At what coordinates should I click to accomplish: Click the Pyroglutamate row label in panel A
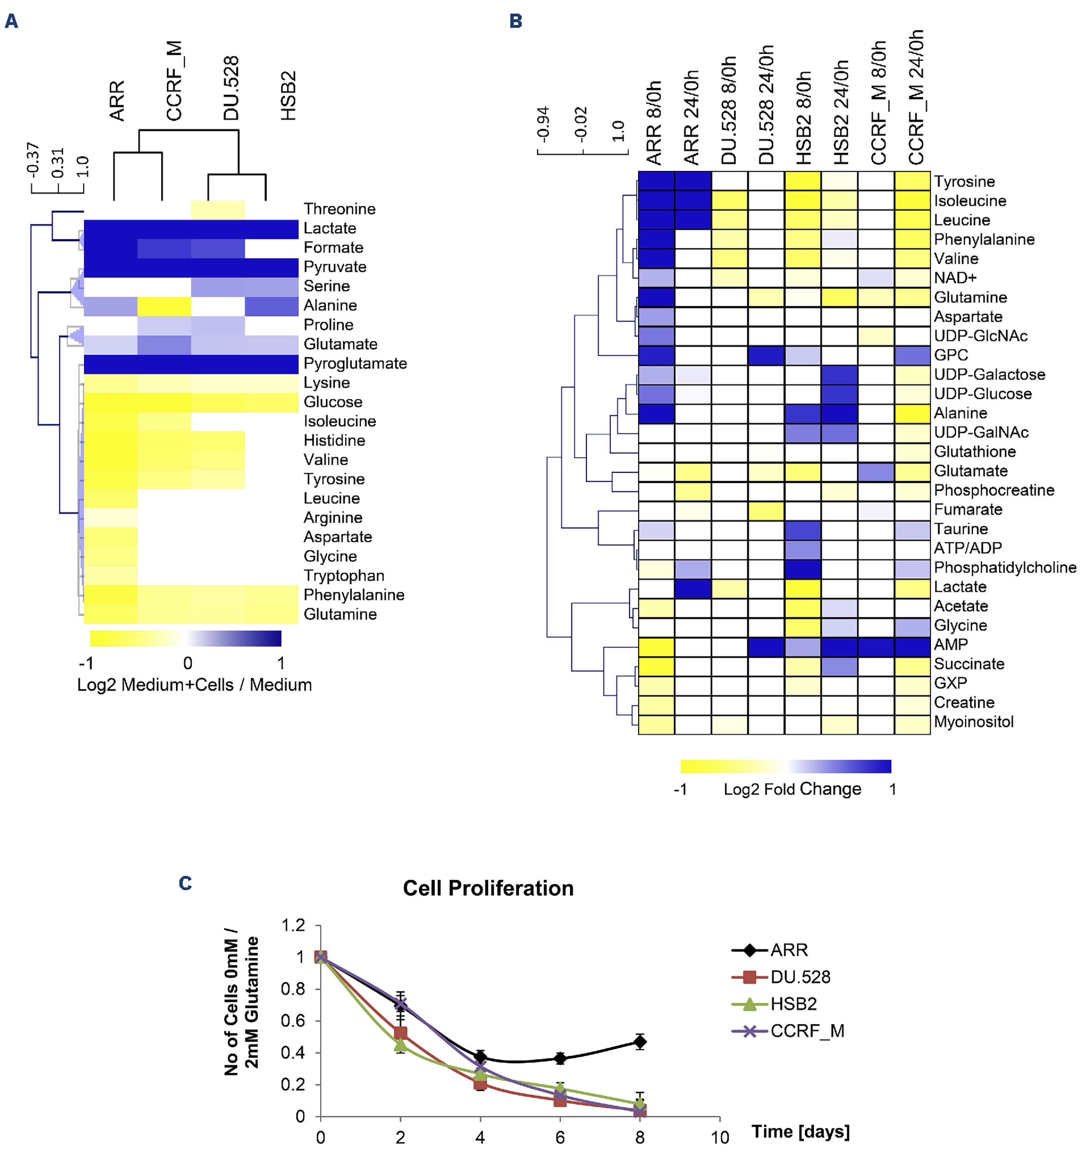(x=355, y=364)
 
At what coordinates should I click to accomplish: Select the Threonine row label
(x=339, y=209)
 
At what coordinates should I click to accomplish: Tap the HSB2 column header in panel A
(x=288, y=96)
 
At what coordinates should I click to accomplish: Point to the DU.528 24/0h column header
(x=766, y=105)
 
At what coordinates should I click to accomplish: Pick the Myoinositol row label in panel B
(x=974, y=722)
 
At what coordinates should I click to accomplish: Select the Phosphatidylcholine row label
(x=1005, y=567)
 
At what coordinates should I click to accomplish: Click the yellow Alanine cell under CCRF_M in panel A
(x=164, y=306)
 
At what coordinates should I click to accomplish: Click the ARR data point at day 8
(x=640, y=1042)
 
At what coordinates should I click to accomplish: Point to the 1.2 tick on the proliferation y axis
(x=293, y=925)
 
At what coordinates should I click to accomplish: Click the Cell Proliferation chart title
(x=488, y=888)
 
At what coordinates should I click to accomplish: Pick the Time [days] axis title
(x=800, y=1131)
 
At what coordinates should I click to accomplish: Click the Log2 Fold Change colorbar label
(x=792, y=789)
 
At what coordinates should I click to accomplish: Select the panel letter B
(x=515, y=22)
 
